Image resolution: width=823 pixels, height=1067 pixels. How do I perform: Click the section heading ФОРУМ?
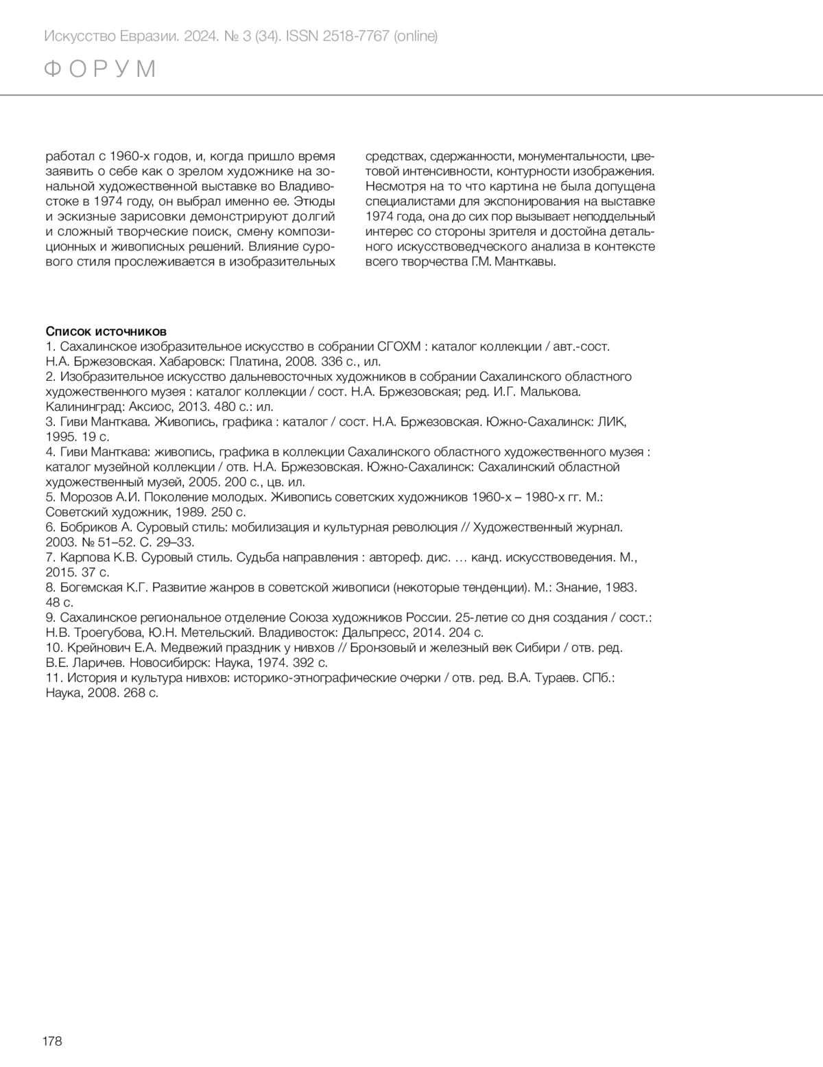[x=100, y=69]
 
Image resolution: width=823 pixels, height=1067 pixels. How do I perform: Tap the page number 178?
[x=52, y=1041]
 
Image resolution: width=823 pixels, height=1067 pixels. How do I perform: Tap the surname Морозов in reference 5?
[x=86, y=497]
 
